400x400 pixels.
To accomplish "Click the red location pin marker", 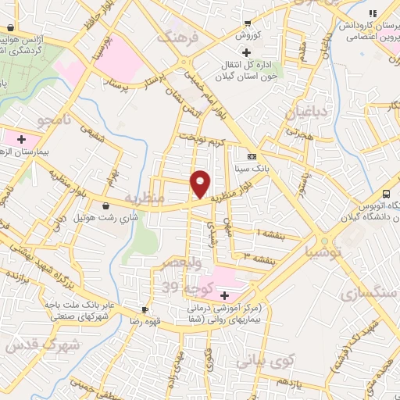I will tap(202, 184).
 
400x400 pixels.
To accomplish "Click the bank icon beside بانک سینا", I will tap(251, 156).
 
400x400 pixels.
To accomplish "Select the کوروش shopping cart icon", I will tap(248, 23).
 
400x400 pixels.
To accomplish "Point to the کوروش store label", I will tap(248, 36).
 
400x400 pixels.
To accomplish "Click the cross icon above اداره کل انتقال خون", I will tap(247, 52).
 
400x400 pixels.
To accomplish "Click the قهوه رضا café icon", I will tap(144, 310).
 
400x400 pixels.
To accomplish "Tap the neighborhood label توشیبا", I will tap(322, 252).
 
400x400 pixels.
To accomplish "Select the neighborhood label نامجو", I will tap(55, 120).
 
